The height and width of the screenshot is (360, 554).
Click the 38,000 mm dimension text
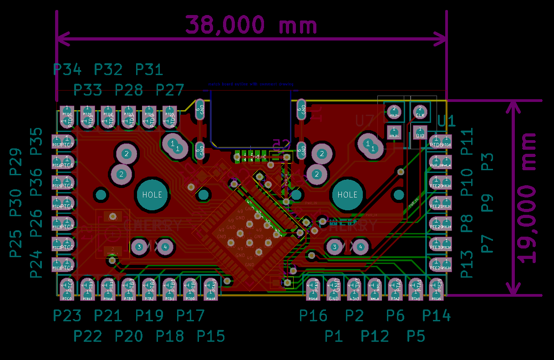251,25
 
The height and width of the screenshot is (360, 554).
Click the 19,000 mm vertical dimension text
528,198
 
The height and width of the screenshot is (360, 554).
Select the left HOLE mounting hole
152,194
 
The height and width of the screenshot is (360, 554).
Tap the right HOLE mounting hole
347,194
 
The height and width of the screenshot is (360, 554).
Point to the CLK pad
420,111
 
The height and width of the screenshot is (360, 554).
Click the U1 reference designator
447,121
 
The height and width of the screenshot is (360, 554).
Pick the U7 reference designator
367,121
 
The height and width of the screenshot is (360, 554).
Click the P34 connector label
67,70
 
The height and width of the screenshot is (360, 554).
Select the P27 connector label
170,90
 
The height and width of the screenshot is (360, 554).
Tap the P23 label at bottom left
67,315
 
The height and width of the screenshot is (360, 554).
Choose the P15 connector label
211,336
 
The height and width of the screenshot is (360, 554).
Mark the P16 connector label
313,315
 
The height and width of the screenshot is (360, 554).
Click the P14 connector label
436,315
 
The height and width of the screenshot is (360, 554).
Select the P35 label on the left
36,142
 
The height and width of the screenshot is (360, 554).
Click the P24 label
36,264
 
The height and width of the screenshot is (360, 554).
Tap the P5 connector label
416,336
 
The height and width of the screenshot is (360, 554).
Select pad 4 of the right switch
361,247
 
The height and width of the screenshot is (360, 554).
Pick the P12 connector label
375,336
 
